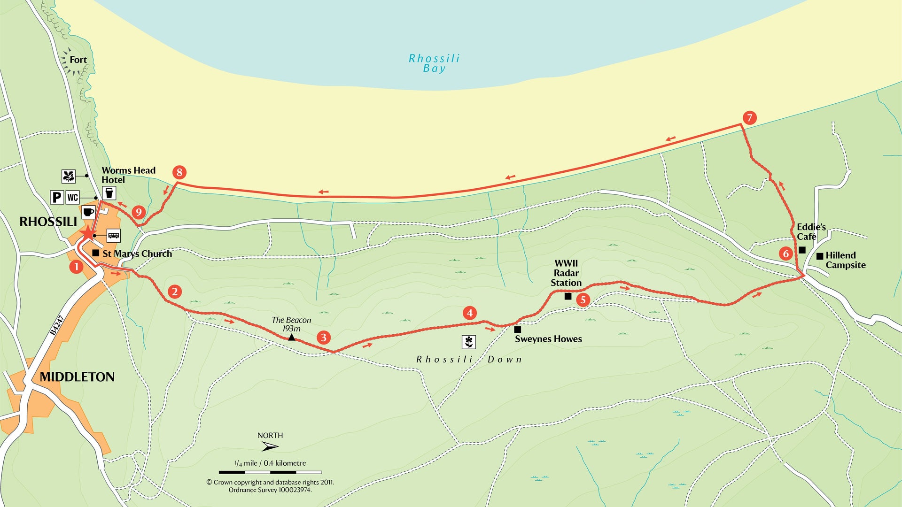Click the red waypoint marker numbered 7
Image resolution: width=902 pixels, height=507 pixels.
(749, 117)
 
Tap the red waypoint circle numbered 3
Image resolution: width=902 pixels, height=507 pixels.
(323, 337)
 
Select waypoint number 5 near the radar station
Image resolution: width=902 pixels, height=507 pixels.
(583, 300)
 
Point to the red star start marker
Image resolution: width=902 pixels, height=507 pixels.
(87, 232)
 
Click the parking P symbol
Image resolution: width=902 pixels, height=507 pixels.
(57, 197)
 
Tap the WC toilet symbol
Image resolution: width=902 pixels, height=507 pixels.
(72, 197)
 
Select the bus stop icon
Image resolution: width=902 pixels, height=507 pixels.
(114, 235)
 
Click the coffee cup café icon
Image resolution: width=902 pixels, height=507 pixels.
(88, 212)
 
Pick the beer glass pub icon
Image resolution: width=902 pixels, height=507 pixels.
(109, 193)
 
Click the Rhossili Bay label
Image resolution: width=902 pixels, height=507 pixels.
(434, 63)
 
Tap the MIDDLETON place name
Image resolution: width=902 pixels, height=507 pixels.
(77, 377)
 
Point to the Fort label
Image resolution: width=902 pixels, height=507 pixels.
(78, 60)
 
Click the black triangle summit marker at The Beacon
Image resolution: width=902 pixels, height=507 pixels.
(291, 337)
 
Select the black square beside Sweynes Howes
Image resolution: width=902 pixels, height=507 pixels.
(517, 330)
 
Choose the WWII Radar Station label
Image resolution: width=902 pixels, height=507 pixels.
(566, 273)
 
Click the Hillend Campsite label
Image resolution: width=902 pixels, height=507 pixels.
(845, 260)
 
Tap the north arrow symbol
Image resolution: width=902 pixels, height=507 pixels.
(270, 446)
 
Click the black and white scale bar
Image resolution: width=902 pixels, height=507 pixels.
(270, 472)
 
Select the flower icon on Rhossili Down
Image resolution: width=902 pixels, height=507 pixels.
(468, 342)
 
